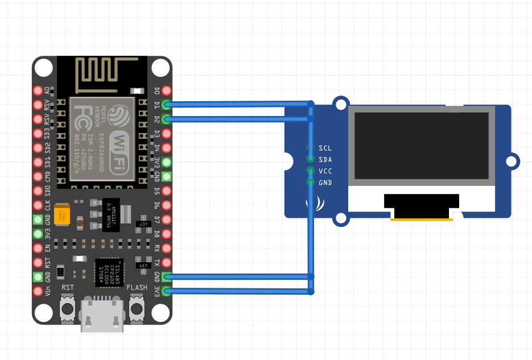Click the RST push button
[68, 309]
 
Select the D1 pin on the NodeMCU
[166, 105]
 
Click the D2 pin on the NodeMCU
[166, 119]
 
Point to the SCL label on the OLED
[325, 148]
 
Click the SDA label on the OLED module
[325, 160]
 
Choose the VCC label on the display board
[325, 171]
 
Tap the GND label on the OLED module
[325, 183]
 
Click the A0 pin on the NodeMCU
[38, 90]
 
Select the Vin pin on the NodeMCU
[38, 291]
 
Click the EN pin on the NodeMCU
[38, 248]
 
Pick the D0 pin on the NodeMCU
[166, 90]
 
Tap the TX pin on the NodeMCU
[166, 263]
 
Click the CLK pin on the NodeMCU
[38, 205]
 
